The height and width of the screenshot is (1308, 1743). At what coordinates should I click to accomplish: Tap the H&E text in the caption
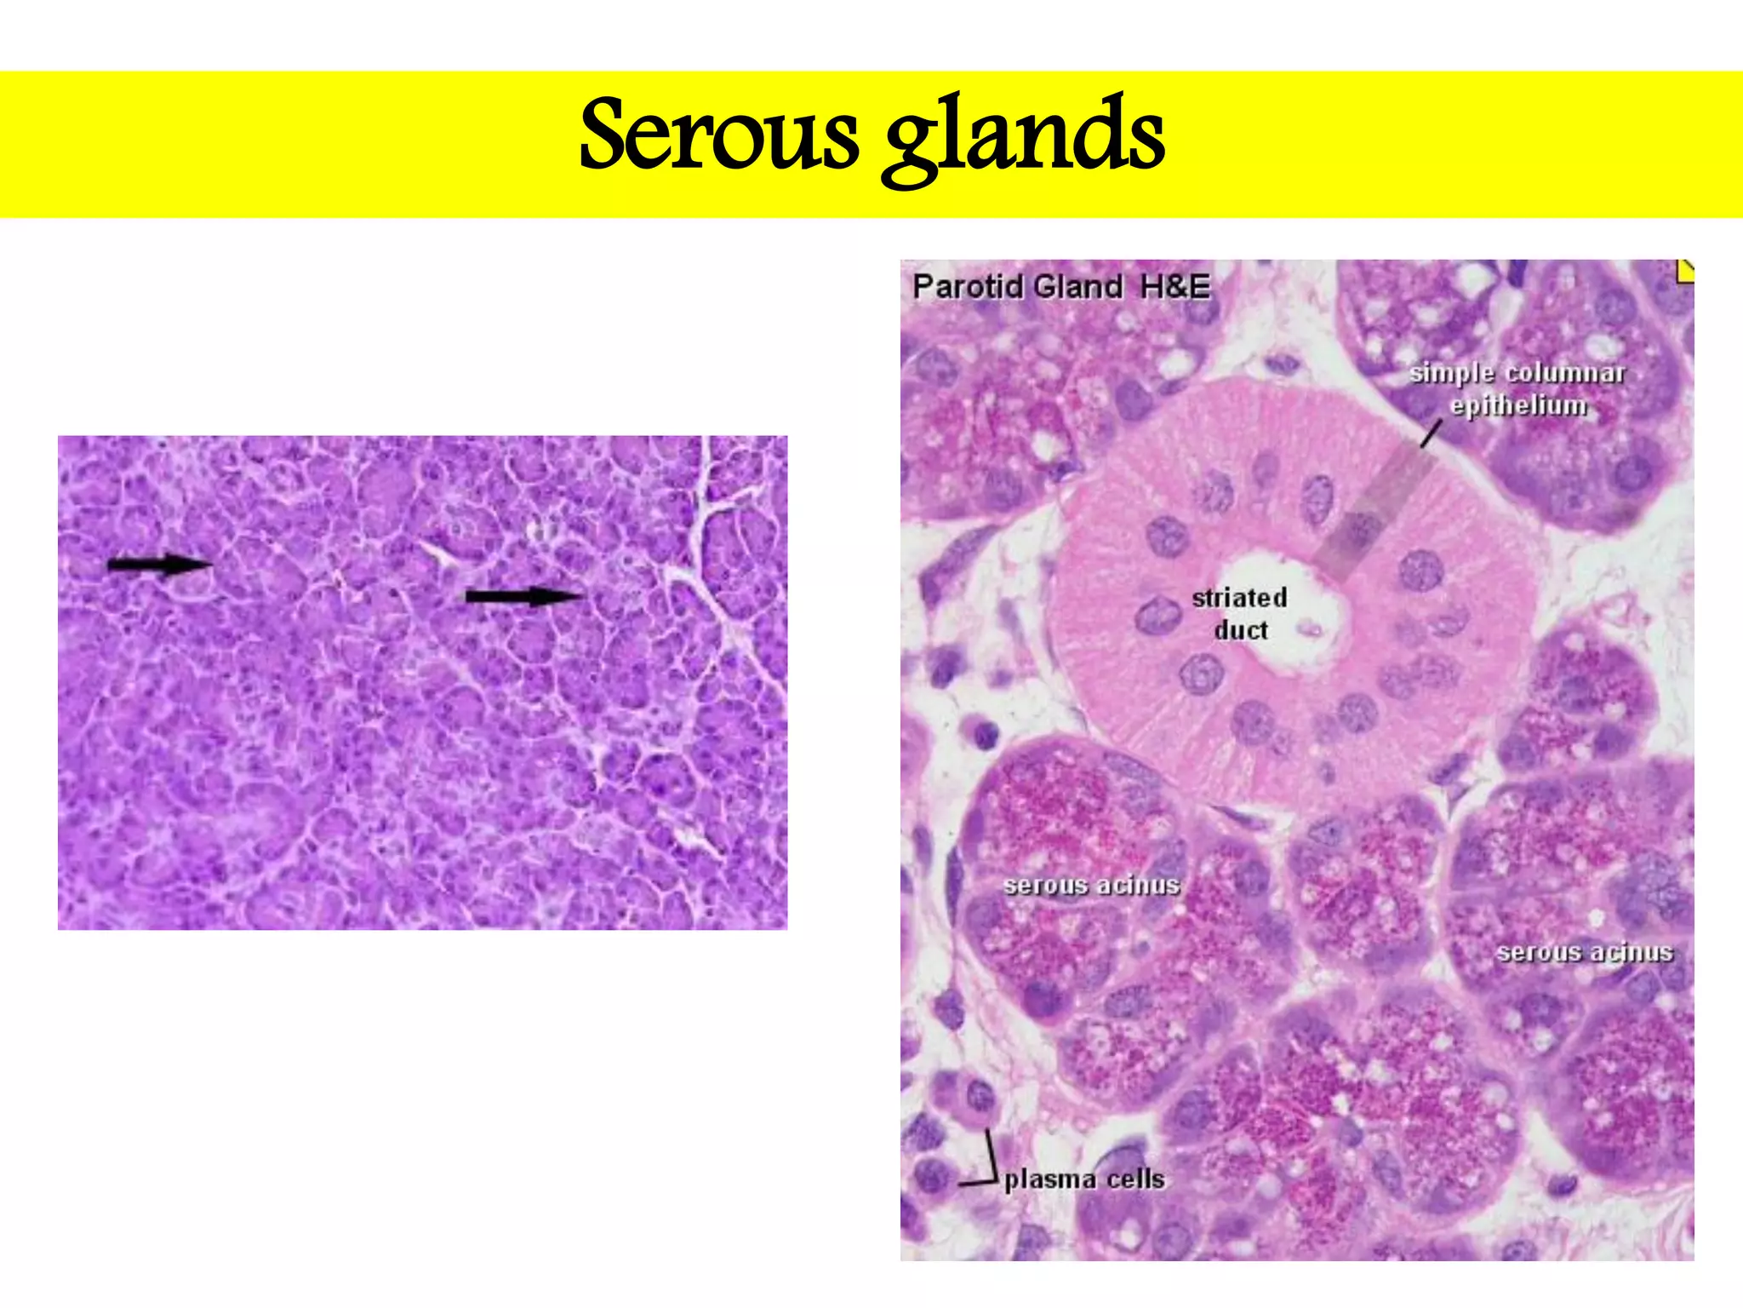[x=1174, y=287]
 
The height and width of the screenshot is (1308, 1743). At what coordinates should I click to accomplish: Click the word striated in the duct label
[x=1239, y=598]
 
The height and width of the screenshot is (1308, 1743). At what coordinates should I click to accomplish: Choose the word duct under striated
[x=1240, y=630]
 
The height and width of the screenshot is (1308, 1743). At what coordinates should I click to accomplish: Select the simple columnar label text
[x=1517, y=373]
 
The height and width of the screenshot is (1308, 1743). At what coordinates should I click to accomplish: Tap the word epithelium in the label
[x=1519, y=405]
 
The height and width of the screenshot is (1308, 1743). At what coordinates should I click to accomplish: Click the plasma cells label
[x=1084, y=1179]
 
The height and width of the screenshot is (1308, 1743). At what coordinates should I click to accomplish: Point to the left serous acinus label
[x=1091, y=885]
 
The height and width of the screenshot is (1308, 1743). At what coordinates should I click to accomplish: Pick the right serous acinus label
[x=1585, y=951]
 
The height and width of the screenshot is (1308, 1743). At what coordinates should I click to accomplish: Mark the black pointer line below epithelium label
[x=1431, y=434]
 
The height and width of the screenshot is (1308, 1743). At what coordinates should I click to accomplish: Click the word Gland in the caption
[x=1077, y=287]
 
